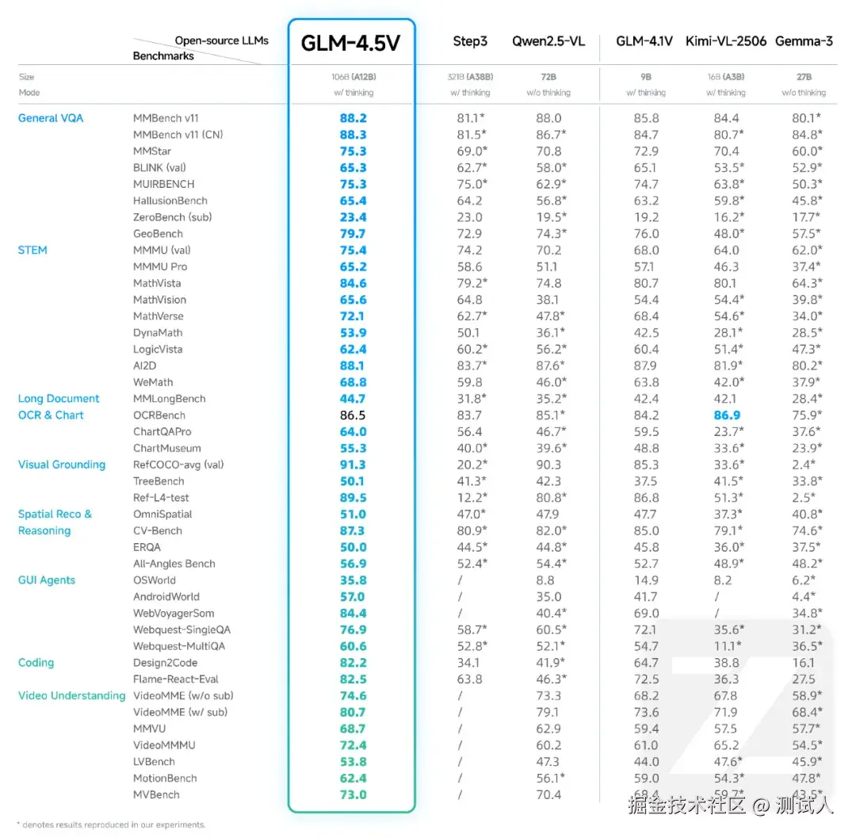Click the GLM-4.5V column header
350,43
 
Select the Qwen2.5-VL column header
548,41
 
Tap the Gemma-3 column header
804,41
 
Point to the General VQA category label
51,118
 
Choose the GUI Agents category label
47,580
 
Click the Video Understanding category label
72,696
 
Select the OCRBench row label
159,415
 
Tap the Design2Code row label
165,663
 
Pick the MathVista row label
157,283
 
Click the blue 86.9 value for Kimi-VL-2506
726,415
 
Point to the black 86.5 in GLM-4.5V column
353,415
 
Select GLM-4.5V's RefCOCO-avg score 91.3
353,465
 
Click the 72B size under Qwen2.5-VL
548,77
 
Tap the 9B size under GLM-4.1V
646,77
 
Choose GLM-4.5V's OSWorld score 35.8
353,580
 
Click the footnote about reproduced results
111,825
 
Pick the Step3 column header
470,41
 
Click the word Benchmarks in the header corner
163,56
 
